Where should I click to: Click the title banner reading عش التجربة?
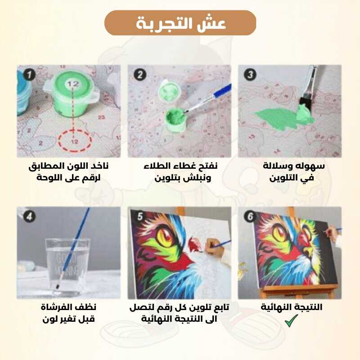pyautogui.click(x=180, y=23)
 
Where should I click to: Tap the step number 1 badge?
pyautogui.click(x=29, y=75)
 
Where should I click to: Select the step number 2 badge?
pyautogui.click(x=140, y=75)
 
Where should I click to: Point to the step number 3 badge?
pyautogui.click(x=250, y=75)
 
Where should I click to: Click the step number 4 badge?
pyautogui.click(x=29, y=216)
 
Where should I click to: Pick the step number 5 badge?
pyautogui.click(x=140, y=216)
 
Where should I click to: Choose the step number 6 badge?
pyautogui.click(x=250, y=216)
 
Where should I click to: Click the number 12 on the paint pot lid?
pyautogui.click(x=73, y=84)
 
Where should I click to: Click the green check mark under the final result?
pyautogui.click(x=291, y=320)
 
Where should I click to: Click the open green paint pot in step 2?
pyautogui.click(x=175, y=120)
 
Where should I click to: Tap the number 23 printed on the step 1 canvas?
pyautogui.click(x=101, y=117)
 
